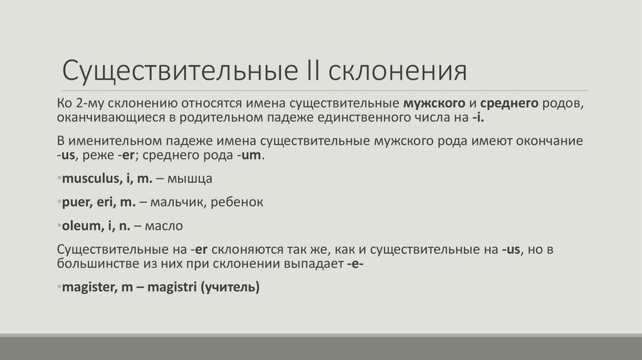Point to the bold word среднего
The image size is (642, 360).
click(508, 103)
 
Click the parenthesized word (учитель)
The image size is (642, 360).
click(229, 288)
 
